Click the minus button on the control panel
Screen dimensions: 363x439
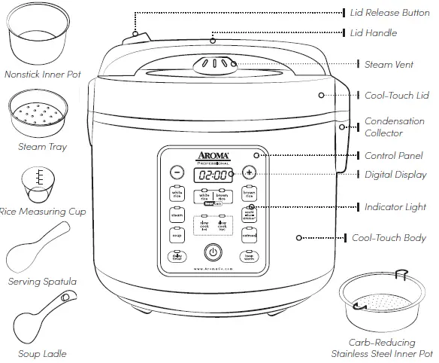click(176, 172)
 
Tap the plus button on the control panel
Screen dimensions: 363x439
click(249, 172)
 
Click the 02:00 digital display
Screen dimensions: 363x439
click(213, 174)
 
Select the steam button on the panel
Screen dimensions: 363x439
click(177, 215)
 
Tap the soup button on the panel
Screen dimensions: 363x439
click(177, 236)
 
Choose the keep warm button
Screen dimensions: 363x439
click(249, 256)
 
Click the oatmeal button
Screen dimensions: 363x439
click(249, 236)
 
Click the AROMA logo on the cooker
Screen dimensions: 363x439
click(213, 153)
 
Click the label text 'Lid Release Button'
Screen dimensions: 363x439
click(390, 13)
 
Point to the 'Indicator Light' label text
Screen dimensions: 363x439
click(394, 206)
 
